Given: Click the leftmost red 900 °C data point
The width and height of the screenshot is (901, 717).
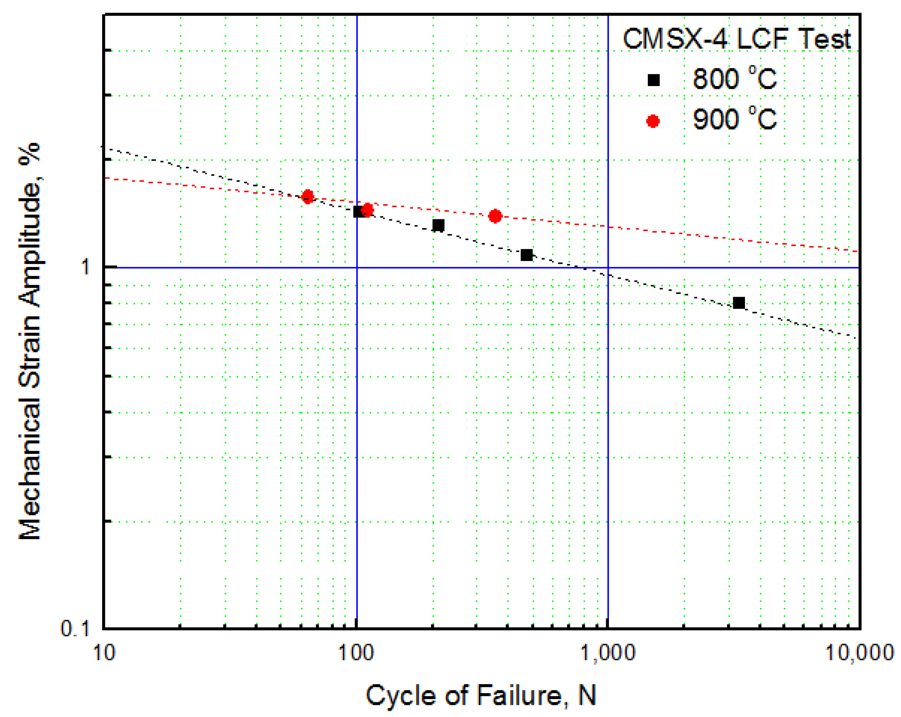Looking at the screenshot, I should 308,196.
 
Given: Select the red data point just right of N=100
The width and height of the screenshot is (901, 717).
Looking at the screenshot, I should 367,210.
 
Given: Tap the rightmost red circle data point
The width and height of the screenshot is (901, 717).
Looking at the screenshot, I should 495,216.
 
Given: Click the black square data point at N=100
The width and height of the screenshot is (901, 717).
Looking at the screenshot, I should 358,211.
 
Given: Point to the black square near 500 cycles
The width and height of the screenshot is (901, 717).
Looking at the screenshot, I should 526,255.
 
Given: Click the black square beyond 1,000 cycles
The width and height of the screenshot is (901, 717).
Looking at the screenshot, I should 739,303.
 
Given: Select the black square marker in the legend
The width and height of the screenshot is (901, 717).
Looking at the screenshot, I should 654,80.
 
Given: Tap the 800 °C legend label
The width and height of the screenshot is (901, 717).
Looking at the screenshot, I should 734,79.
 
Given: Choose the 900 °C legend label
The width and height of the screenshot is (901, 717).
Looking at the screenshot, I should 734,119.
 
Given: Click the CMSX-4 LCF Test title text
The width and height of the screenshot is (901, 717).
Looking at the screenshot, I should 737,39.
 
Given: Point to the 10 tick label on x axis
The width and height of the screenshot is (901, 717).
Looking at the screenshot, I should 104,652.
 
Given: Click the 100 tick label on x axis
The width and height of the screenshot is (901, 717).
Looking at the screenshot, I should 356,652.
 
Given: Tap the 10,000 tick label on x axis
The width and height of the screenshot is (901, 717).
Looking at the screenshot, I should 859,652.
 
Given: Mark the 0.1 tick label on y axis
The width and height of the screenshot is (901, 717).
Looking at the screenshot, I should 75,628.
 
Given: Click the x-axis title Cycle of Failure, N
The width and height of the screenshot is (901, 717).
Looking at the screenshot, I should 481,695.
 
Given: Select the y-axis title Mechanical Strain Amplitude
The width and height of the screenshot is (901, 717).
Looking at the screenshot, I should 30,341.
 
